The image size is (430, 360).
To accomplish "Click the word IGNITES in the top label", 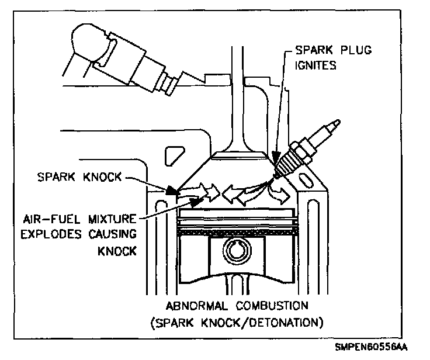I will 317,65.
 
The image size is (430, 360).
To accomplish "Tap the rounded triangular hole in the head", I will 174,157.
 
